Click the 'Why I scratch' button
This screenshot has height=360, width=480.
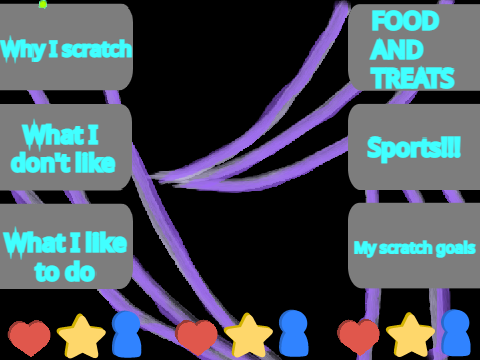point(66,47)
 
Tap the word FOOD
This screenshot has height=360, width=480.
point(405,21)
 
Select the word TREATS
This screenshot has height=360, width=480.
point(413,78)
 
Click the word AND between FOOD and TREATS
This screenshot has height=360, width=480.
point(397,50)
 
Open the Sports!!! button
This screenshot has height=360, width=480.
point(414,147)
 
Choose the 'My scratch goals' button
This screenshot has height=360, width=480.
point(414,246)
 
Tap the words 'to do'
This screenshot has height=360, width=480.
point(65,272)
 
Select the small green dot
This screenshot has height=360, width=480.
point(43,4)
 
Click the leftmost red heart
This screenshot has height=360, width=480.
point(29,338)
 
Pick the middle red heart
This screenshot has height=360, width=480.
point(196,337)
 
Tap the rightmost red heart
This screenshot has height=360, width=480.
point(358,337)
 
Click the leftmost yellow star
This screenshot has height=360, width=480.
point(81,336)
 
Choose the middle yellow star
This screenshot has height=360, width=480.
point(248,335)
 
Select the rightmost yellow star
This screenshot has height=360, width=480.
point(410,334)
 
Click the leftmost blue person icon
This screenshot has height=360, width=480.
point(126,334)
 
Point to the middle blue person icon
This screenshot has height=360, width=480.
point(293,333)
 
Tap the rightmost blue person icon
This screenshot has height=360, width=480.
point(456,333)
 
